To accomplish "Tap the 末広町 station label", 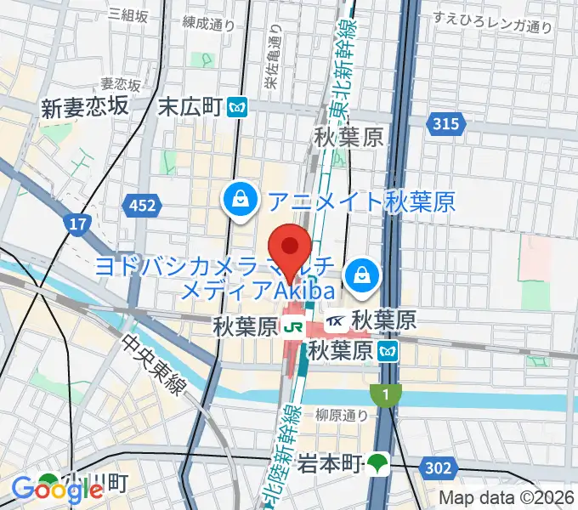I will [190, 107].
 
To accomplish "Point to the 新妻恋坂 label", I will [84, 106].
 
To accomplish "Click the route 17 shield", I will [76, 224].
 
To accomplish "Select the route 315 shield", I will [450, 125].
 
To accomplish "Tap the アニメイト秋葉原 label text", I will [362, 201].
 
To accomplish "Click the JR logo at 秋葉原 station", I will [294, 325].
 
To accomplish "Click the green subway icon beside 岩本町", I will [377, 463].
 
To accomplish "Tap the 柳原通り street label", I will [341, 416].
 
